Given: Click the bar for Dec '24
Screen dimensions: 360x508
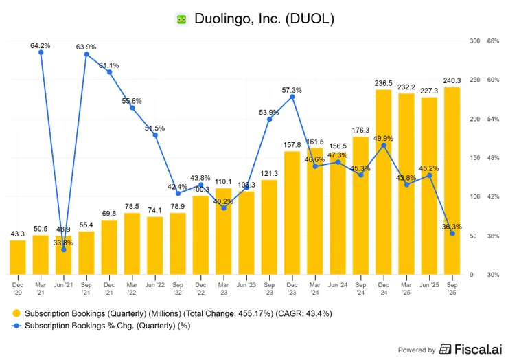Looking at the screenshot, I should coord(384,182).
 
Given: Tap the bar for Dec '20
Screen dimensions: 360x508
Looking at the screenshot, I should coord(18,258).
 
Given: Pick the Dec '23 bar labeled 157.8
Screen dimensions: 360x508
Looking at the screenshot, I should coord(292,213).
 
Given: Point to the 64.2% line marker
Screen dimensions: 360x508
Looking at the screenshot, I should coord(41,52).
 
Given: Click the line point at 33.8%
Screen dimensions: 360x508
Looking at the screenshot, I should coord(64,249).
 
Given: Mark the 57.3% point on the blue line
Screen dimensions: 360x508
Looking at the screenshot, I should coord(292,97).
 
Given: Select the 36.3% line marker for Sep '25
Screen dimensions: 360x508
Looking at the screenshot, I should coord(452,234).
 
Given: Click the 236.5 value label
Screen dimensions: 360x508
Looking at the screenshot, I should coord(384,83).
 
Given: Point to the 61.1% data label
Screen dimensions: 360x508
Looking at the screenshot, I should coord(109,65).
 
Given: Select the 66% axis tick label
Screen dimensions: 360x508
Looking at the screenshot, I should coord(492,41).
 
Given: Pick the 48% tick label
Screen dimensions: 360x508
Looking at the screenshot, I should coord(492,158).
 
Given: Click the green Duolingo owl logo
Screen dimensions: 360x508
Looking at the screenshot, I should coord(181,20).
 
